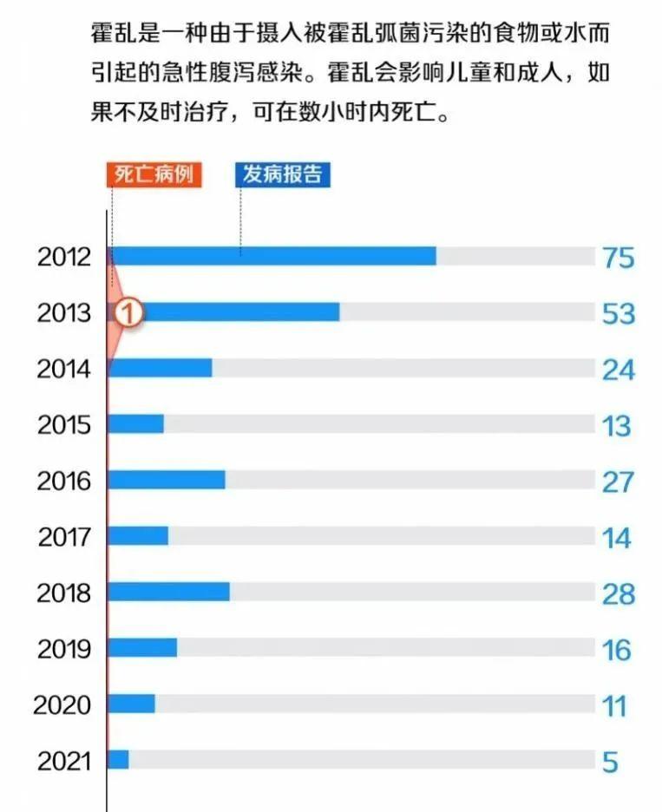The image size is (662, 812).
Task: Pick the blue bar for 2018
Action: tap(169, 592)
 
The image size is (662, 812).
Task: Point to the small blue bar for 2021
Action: tap(119, 759)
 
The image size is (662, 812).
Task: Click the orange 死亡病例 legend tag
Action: tap(154, 174)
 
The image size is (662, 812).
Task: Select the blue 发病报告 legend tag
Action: tap(283, 174)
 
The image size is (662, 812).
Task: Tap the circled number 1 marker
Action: tap(127, 313)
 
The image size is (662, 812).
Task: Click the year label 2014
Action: tap(63, 369)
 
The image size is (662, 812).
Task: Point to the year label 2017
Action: tap(63, 537)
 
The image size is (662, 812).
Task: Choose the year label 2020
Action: tap(62, 704)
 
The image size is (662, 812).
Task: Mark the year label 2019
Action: tap(63, 649)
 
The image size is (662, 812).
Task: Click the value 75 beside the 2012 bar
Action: tap(619, 258)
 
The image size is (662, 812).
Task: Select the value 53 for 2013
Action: tap(619, 313)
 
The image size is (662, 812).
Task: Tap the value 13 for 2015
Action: tap(617, 426)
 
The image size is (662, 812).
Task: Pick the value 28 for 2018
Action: tap(619, 594)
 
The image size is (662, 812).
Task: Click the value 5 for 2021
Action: tap(610, 763)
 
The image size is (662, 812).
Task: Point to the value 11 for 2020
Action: tap(615, 706)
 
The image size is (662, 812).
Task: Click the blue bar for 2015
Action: tap(136, 424)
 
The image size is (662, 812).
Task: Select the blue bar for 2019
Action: tap(143, 647)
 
